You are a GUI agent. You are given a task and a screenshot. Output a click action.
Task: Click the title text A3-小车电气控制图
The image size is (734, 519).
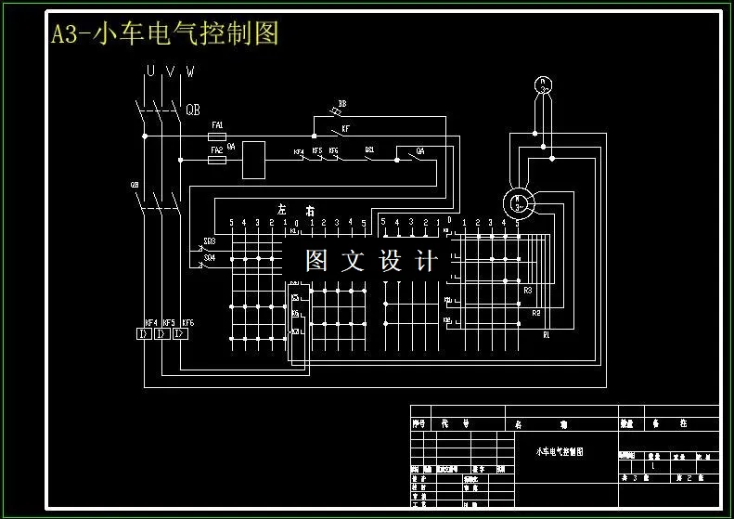[164, 34]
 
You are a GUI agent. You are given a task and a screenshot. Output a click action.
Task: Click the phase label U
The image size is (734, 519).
[149, 71]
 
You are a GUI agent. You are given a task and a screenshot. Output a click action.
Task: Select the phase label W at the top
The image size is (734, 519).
[190, 71]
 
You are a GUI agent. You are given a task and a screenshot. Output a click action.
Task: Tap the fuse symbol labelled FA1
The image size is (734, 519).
[218, 136]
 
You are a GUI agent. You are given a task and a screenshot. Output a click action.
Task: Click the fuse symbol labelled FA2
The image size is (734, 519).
[218, 160]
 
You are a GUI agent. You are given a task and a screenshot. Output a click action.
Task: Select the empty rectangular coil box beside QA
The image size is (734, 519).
[254, 160]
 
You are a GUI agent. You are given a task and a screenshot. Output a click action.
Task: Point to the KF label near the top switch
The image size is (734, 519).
[346, 128]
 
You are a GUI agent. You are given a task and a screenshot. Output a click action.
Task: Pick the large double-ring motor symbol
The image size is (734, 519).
[518, 201]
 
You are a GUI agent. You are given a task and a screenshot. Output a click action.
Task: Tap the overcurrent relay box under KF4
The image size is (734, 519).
[145, 334]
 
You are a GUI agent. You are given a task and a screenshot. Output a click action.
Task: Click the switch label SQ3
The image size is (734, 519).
[210, 240]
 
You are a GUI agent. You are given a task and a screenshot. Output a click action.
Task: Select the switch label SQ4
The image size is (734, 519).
[210, 257]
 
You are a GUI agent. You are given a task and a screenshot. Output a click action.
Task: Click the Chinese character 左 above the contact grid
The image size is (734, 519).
[281, 210]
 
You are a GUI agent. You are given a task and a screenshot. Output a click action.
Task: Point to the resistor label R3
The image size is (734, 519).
[528, 291]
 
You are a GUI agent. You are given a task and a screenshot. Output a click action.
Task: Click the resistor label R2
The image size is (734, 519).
[536, 313]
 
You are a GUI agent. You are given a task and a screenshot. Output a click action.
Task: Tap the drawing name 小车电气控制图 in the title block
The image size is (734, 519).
[560, 451]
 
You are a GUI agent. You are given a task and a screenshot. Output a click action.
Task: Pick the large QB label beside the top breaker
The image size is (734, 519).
[193, 110]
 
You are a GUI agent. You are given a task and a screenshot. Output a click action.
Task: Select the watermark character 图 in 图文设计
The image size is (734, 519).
[316, 261]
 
